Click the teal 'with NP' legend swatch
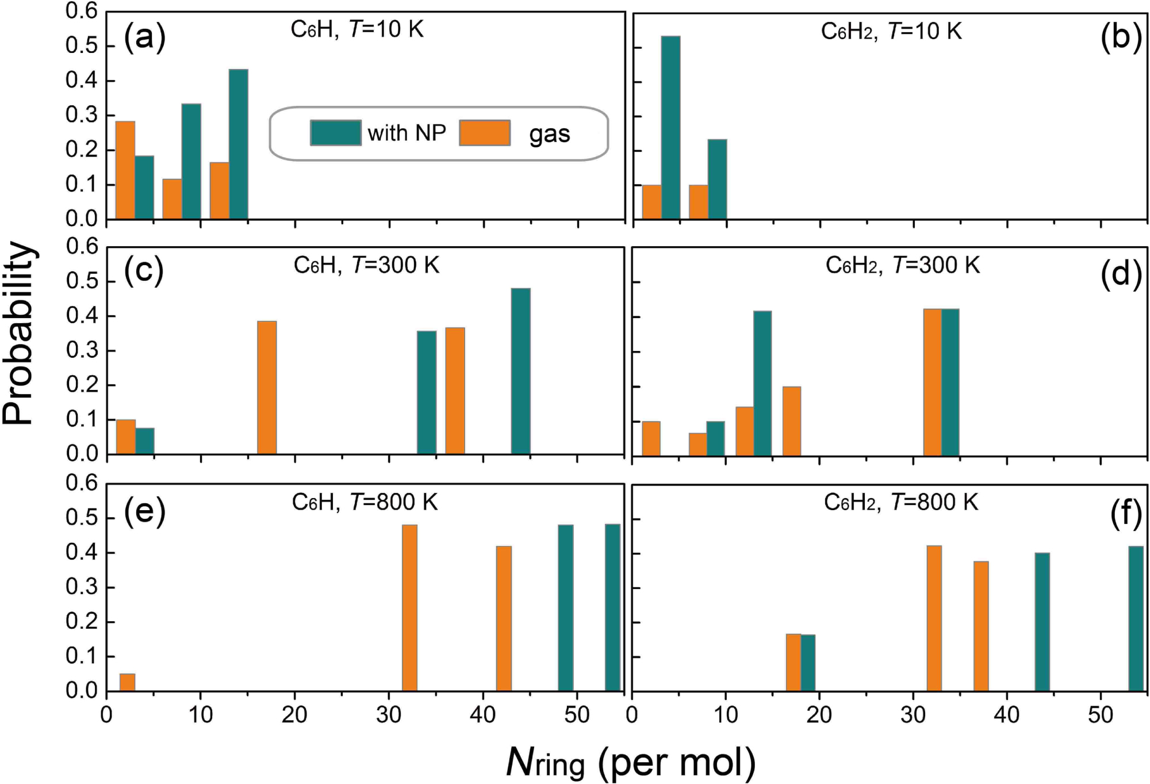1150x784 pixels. click(x=336, y=133)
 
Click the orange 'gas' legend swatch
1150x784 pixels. click(x=485, y=133)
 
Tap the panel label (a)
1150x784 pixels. click(x=145, y=39)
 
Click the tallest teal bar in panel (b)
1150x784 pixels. click(x=670, y=128)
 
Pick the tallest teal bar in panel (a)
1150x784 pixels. click(x=239, y=144)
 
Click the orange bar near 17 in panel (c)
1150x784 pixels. click(x=267, y=388)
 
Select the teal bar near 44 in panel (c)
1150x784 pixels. click(x=520, y=372)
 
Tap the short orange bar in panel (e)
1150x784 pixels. click(x=127, y=682)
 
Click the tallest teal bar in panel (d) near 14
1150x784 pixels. click(x=762, y=383)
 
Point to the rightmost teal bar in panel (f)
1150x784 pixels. click(x=1136, y=618)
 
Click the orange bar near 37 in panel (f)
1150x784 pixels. click(x=981, y=626)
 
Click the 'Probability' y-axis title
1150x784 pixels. click(x=18, y=334)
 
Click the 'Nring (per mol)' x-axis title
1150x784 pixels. click(x=631, y=763)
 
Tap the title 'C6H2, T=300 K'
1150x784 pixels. click(x=902, y=266)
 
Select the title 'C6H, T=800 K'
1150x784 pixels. click(x=365, y=502)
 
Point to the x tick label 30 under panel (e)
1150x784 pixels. click(x=389, y=715)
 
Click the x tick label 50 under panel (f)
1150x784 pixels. click(x=1100, y=715)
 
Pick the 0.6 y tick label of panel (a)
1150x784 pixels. click(x=81, y=11)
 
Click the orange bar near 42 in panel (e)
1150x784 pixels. click(x=504, y=618)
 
